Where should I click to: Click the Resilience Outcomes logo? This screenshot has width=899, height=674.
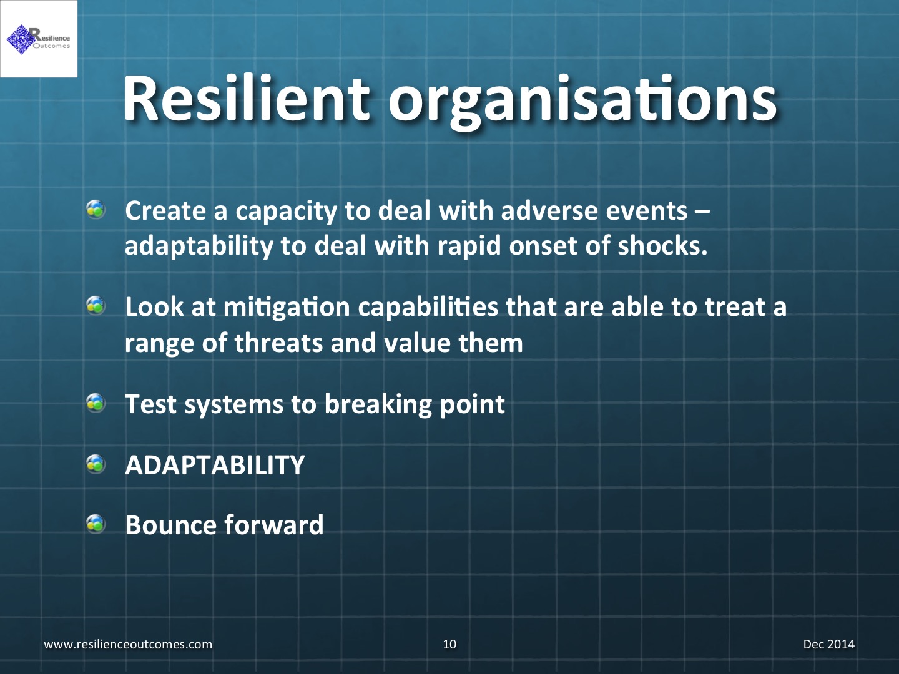[39, 39]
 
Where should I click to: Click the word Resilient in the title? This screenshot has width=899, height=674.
[247, 99]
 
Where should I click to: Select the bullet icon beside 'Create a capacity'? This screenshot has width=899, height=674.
[96, 210]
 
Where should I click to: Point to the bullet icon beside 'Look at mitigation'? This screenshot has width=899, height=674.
[96, 306]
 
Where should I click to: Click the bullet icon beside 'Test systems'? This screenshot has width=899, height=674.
[96, 403]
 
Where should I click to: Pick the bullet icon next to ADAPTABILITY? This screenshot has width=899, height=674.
[96, 464]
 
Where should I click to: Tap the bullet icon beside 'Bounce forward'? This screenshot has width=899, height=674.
[96, 524]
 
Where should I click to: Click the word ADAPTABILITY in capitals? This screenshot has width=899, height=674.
[215, 465]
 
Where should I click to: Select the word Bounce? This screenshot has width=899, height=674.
[170, 525]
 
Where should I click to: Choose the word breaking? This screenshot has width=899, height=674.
[378, 405]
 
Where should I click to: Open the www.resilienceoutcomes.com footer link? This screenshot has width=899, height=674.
[128, 644]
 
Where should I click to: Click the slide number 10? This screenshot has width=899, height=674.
[449, 644]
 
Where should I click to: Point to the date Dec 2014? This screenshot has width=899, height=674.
[829, 644]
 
